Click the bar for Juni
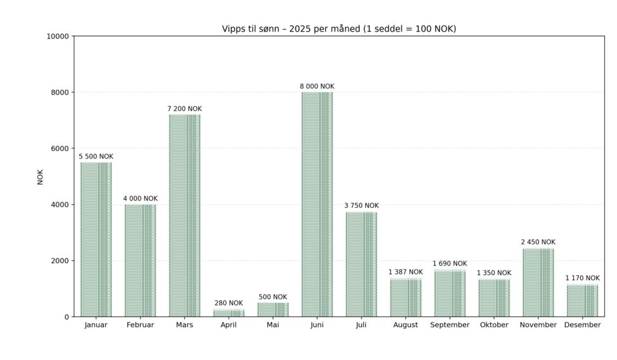tap(317, 204)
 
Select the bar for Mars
tap(184, 215)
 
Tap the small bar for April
tap(228, 312)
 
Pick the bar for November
tap(538, 282)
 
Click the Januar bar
tap(96, 240)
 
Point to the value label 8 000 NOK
tap(317, 86)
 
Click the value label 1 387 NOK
tap(405, 272)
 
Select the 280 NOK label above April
tap(228, 303)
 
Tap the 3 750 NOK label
tap(361, 205)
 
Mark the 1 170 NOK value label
tap(582, 278)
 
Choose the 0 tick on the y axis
tap(67, 317)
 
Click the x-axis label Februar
tap(140, 325)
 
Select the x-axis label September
tap(450, 325)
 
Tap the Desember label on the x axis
tap(582, 325)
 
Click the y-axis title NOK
tap(41, 176)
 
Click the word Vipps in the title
tap(233, 29)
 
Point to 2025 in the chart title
tap(295, 29)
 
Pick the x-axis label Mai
tap(273, 325)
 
